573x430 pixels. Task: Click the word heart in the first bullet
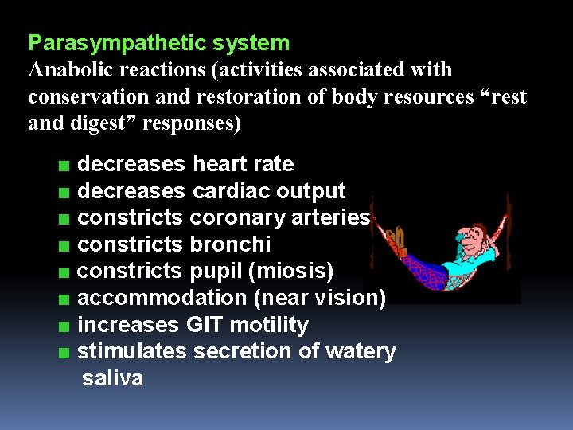pos(220,164)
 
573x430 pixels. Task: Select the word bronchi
pos(230,244)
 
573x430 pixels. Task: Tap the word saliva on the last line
pos(113,378)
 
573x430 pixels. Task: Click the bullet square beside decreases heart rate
pos(63,166)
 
